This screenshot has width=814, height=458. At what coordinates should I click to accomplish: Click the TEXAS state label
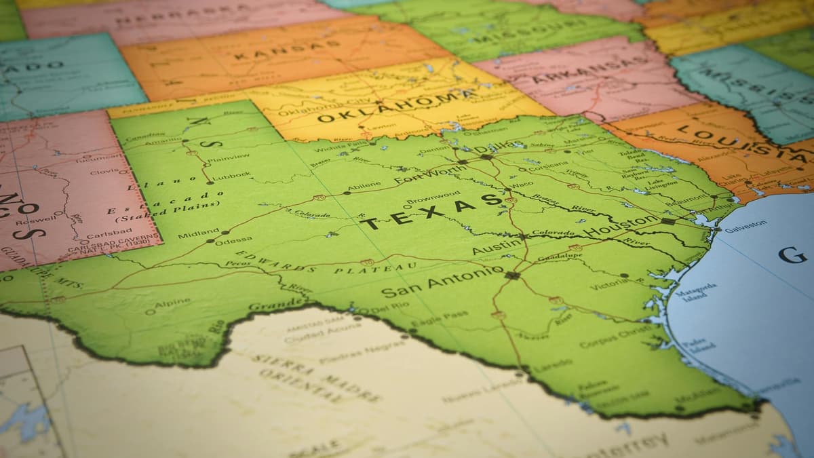point(432,211)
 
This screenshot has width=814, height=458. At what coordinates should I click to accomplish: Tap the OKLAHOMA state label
point(397,107)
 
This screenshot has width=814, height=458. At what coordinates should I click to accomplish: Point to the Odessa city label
point(233,240)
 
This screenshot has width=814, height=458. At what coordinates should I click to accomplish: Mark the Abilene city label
point(364,186)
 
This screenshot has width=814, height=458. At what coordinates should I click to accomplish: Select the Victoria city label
point(608,284)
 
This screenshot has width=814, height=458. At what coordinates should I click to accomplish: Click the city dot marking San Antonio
point(511,275)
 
